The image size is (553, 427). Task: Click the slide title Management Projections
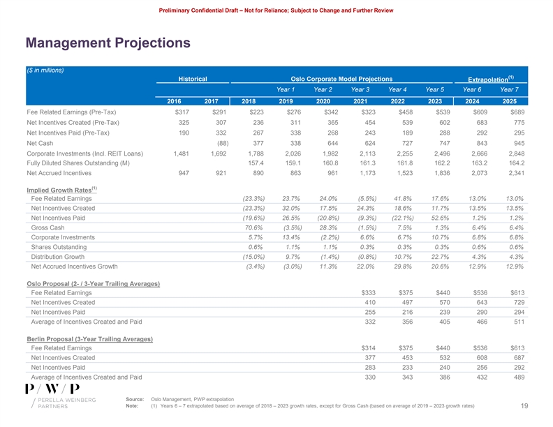(x=108, y=43)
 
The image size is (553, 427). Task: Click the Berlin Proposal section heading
(x=89, y=339)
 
